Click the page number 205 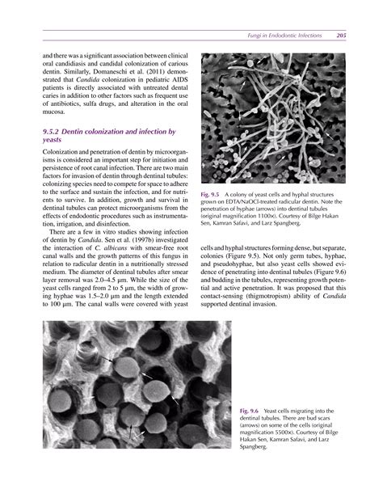[343, 36]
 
